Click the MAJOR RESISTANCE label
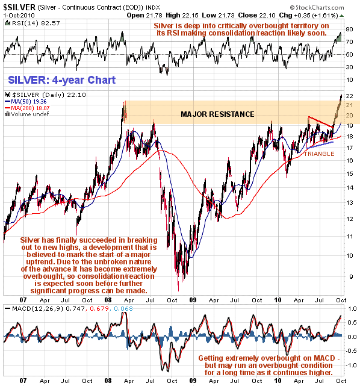pos(217,114)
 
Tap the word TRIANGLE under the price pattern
pos(319,154)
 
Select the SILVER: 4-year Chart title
pos(62,80)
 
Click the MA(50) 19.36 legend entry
pos(25,102)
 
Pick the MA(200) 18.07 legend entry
pos(27,108)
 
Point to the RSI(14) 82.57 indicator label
pos(33,23)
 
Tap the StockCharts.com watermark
pos(317,7)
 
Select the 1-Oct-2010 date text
pos(19,15)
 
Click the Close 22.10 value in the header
pos(256,16)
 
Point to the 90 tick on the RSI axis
pos(349,30)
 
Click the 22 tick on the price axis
pos(349,96)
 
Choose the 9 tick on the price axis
pos(350,277)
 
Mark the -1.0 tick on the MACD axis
pos(352,365)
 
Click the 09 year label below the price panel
pos(193,300)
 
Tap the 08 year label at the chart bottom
pos(108,381)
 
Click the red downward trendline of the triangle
pos(320,122)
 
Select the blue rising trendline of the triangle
pos(320,145)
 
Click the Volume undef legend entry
pos(27,114)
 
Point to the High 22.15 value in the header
pos(182,16)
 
